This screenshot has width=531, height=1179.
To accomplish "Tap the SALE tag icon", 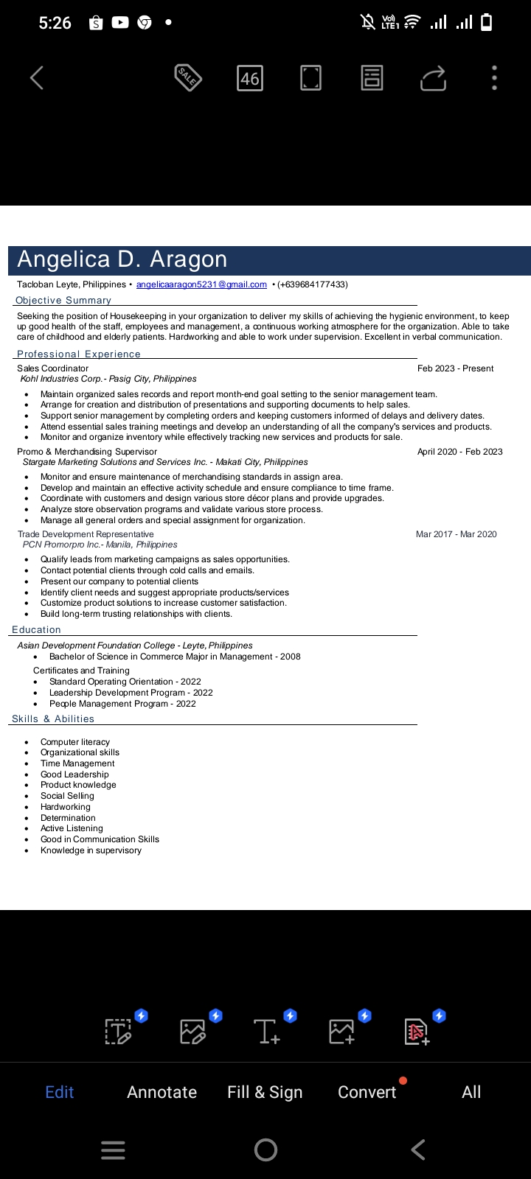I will [x=188, y=77].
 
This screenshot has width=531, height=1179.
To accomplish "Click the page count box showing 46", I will [x=250, y=78].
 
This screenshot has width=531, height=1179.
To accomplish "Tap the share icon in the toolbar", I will [x=433, y=78].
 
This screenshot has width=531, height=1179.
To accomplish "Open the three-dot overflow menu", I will [x=494, y=78].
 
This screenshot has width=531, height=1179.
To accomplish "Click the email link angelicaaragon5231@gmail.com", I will [x=201, y=284].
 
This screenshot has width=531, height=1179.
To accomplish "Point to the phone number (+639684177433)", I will [x=312, y=284].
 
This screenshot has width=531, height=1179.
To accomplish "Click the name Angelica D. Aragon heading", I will [x=122, y=259].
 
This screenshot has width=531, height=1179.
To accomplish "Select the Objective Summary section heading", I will [x=63, y=301].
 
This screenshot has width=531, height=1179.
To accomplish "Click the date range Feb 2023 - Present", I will [x=455, y=368].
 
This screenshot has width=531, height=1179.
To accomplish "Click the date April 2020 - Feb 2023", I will [x=459, y=452].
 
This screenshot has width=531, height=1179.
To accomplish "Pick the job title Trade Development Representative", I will [x=86, y=534].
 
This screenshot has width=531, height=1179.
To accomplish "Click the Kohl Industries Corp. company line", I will [x=108, y=379].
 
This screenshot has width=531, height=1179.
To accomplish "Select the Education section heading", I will [x=36, y=630].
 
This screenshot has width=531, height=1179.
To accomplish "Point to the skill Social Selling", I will [x=67, y=796].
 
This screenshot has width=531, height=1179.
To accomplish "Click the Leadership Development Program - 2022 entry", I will [x=131, y=693].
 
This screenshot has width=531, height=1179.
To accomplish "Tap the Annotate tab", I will [x=162, y=1092].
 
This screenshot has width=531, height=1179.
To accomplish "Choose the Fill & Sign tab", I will [x=265, y=1092].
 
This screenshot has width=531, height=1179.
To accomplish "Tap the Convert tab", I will [x=367, y=1092].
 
